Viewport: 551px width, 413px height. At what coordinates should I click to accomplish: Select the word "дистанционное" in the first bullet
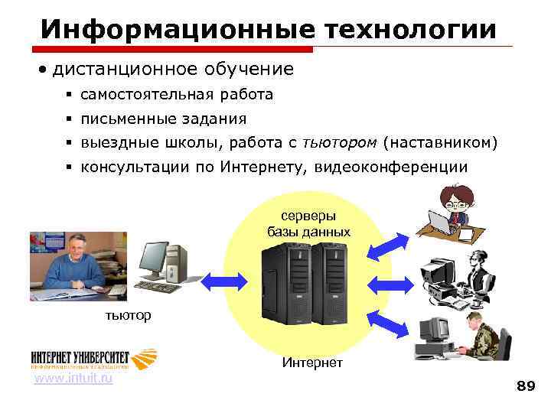click(x=123, y=70)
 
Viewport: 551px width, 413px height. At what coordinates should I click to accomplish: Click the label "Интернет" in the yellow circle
click(x=311, y=362)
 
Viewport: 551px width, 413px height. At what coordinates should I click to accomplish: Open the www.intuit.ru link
click(x=73, y=379)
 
